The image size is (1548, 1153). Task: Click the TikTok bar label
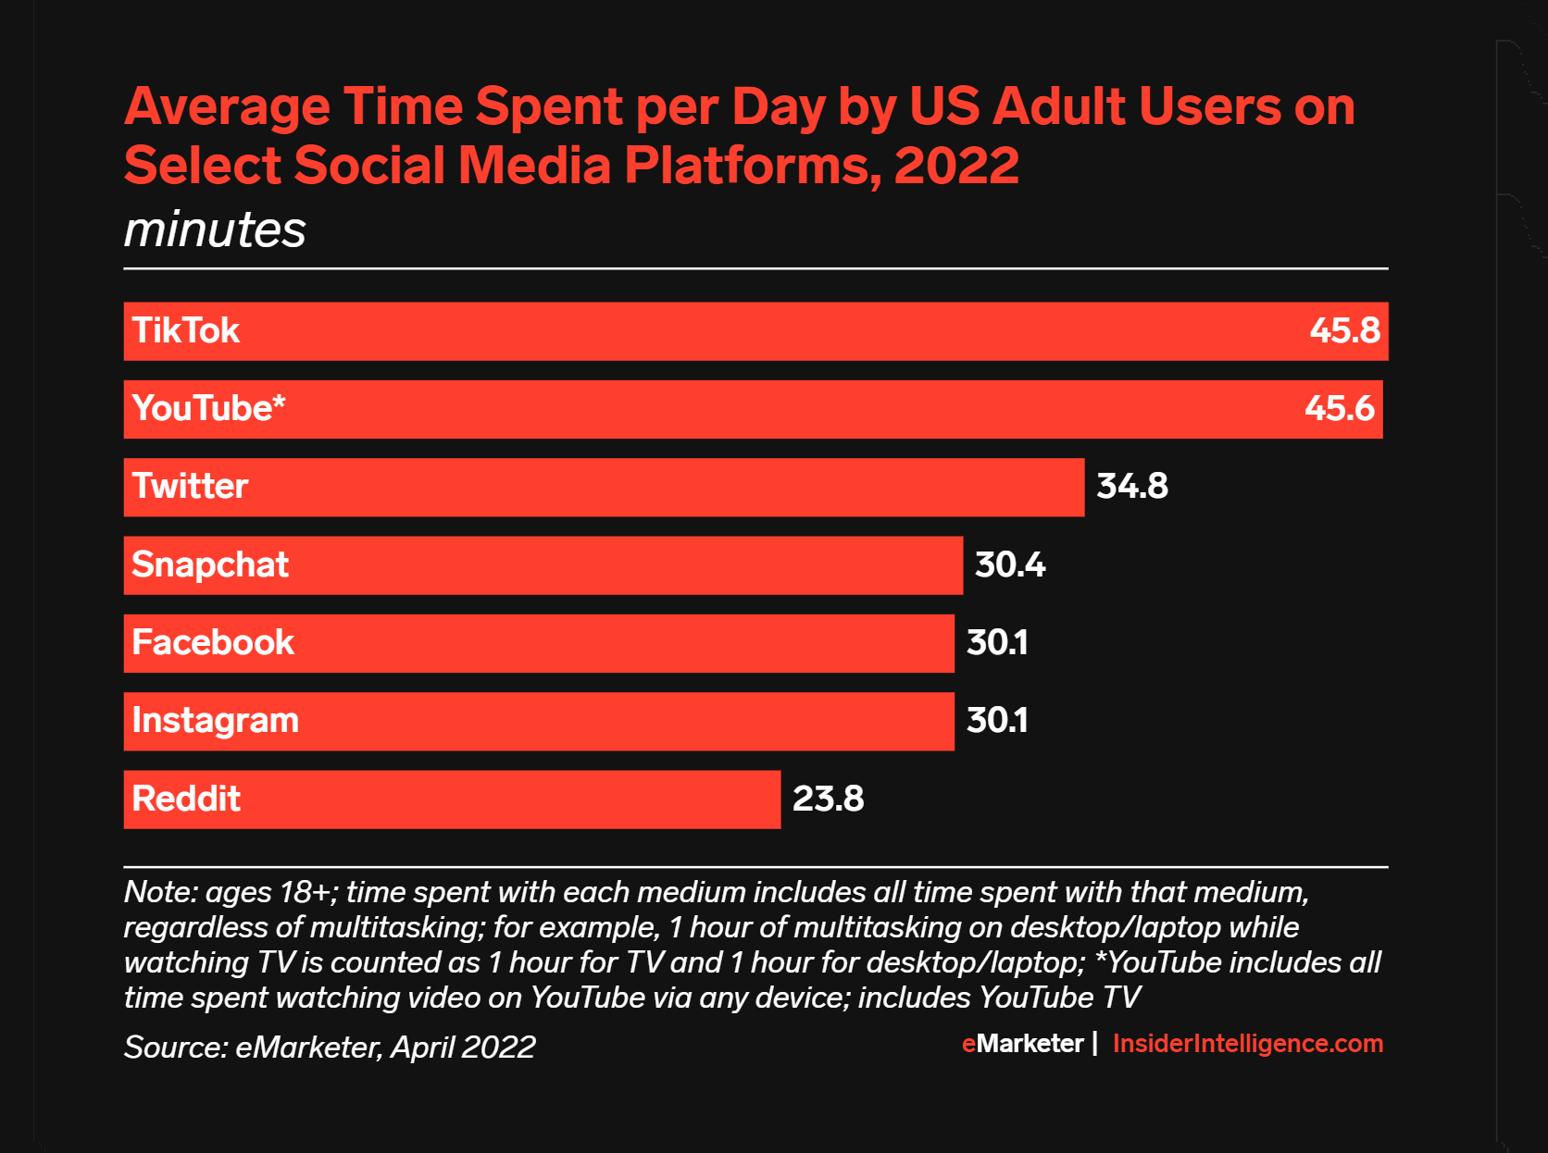(x=185, y=331)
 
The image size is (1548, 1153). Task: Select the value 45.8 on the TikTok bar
(x=1344, y=331)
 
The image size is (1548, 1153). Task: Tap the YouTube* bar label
(x=208, y=409)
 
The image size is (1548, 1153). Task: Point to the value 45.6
(x=1339, y=409)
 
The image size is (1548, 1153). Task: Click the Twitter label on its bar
(x=190, y=487)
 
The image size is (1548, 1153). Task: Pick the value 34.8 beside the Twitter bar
(x=1131, y=487)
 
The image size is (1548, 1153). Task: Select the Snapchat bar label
(x=210, y=565)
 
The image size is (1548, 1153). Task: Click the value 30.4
(x=1009, y=565)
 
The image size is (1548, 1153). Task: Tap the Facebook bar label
(x=213, y=643)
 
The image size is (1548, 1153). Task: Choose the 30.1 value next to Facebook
(x=997, y=643)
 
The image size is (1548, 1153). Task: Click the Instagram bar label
(x=215, y=721)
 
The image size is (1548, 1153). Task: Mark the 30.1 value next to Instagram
(x=997, y=721)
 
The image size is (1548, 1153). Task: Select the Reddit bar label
(x=186, y=800)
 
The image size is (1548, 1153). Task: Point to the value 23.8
(x=828, y=800)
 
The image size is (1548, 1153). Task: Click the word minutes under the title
(x=215, y=229)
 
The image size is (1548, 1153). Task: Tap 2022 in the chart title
(x=956, y=166)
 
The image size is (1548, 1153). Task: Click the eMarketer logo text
(x=1022, y=1044)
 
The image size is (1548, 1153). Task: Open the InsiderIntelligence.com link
(x=1247, y=1044)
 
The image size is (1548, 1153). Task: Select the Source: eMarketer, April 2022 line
(x=330, y=1048)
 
